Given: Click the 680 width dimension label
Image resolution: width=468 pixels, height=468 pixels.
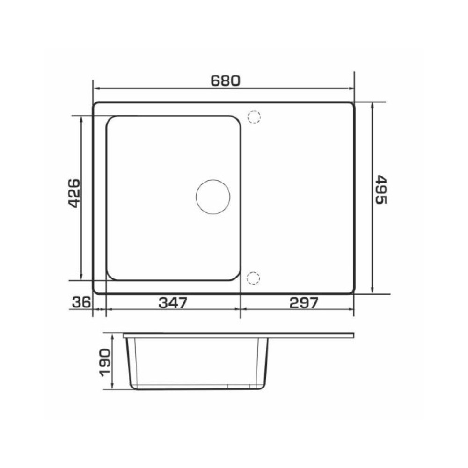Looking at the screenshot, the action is [226, 80].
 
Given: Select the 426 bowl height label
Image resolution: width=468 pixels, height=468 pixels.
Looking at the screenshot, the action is [74, 193].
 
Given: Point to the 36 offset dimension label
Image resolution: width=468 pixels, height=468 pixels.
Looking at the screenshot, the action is [81, 302].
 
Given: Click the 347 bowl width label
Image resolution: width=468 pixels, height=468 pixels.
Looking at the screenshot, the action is [173, 303].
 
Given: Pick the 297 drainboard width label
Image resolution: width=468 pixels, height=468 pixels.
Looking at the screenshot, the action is [304, 303].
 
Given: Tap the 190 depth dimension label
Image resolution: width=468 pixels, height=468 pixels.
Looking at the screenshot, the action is [105, 362].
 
